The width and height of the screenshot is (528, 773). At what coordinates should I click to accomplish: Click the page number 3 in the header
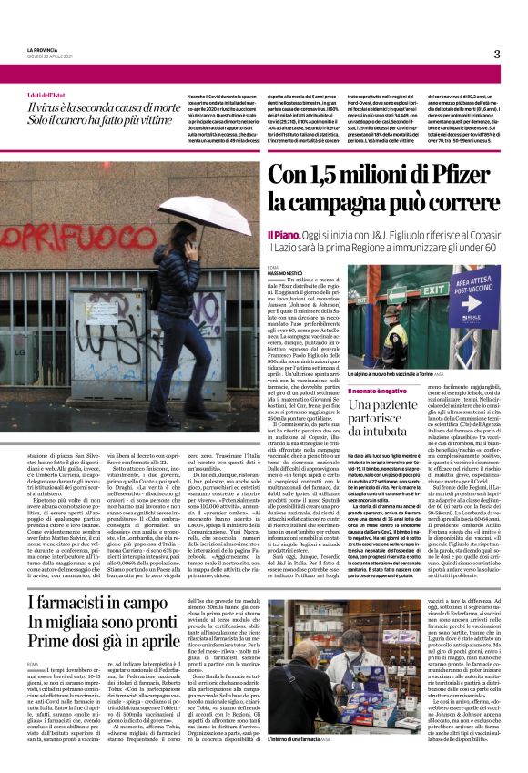click(x=497, y=54)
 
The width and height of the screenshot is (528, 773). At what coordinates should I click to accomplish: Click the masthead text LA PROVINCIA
click(x=45, y=49)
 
